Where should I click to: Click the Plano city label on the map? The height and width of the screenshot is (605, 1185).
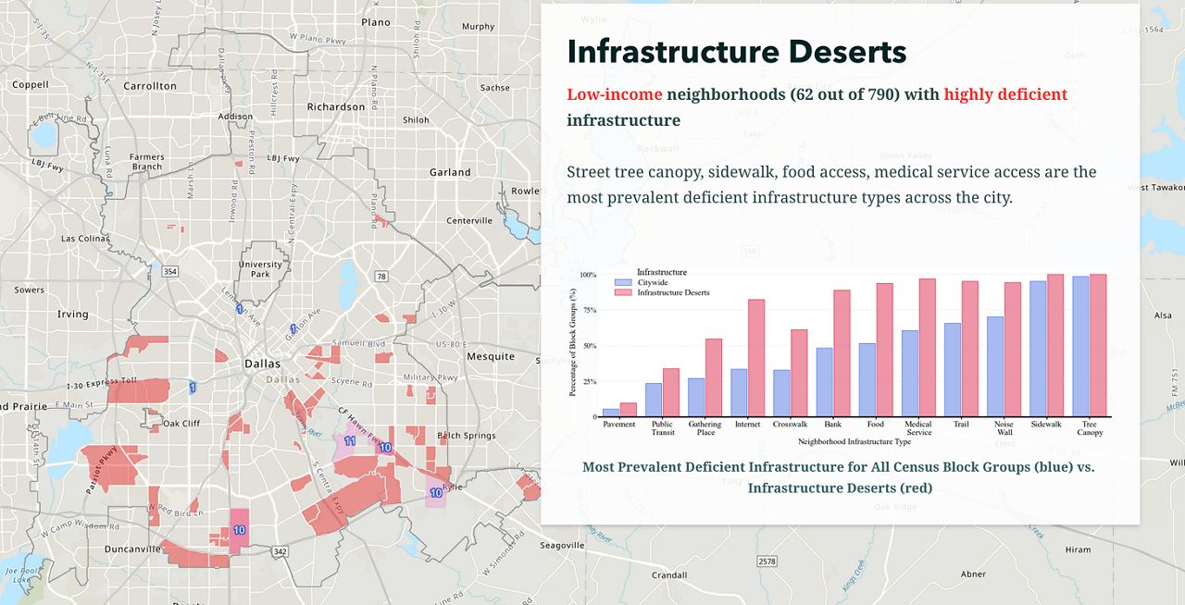[x=376, y=22]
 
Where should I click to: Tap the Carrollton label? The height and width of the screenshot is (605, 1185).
[x=149, y=86]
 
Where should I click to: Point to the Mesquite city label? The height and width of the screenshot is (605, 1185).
[x=491, y=356]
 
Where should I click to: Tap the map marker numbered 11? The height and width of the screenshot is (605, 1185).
[x=350, y=441]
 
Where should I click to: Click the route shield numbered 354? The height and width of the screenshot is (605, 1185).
[x=169, y=271]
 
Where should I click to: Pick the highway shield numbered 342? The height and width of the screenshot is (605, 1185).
[x=280, y=551]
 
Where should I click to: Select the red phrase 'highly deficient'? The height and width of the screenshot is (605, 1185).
[x=1005, y=94]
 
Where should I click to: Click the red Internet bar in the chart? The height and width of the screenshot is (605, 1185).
[x=756, y=358]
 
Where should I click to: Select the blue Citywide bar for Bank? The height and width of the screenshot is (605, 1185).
[x=824, y=382]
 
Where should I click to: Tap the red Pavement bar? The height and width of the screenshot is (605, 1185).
[x=628, y=409]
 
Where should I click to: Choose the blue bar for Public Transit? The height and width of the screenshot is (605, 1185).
[x=654, y=400]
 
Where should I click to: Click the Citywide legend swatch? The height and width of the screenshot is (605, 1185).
[x=623, y=282]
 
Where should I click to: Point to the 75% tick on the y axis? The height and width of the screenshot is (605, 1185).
[x=588, y=311]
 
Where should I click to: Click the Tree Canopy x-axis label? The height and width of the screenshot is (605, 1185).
[x=1090, y=428]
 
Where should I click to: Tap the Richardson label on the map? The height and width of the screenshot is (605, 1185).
[x=336, y=106]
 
